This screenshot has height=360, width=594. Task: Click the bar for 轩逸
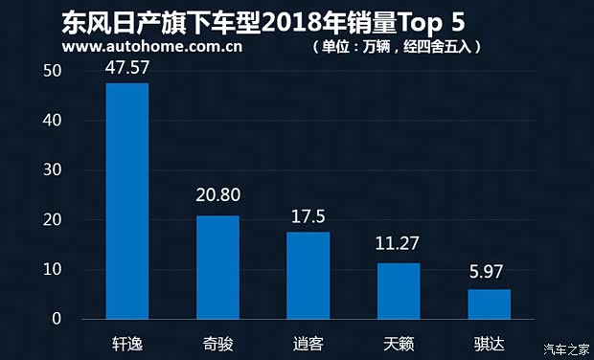tap(126, 201)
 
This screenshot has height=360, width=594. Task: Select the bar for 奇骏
tap(217, 267)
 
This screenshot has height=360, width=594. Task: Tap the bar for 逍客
tap(308, 276)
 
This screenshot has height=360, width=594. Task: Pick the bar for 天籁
tap(399, 291)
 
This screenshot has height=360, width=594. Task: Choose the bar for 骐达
tap(489, 304)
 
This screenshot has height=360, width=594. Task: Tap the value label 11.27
tap(399, 244)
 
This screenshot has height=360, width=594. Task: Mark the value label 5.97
tap(489, 271)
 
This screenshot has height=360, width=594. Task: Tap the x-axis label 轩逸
tap(126, 342)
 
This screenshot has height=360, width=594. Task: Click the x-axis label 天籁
tap(399, 342)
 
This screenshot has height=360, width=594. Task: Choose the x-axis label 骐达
tap(489, 342)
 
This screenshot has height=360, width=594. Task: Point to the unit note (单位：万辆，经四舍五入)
tap(396, 46)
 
